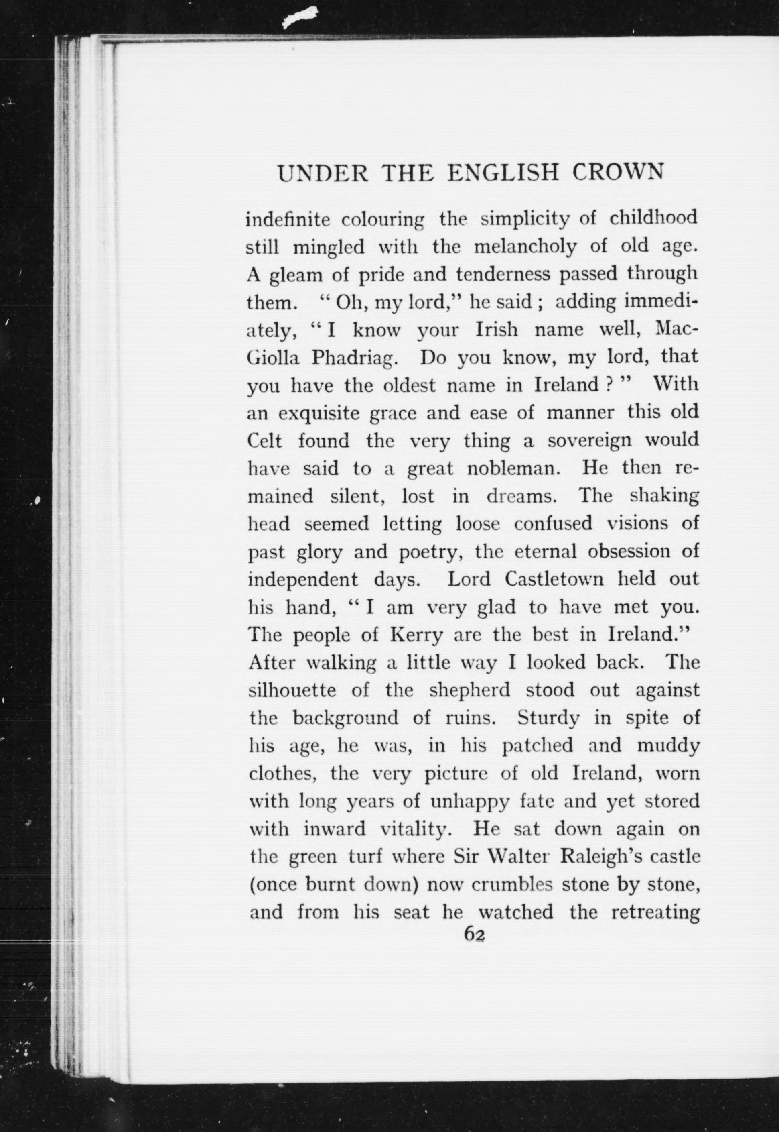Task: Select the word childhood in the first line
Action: tap(653, 218)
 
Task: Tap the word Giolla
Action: tap(275, 358)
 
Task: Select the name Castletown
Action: tap(554, 579)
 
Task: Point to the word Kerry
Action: tap(416, 635)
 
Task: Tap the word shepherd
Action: tap(469, 690)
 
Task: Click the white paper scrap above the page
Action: tap(299, 18)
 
